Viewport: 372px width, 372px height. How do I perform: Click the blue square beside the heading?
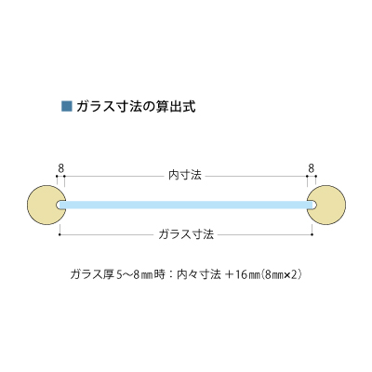coord(67,106)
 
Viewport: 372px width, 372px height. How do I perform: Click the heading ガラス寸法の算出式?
coord(136,107)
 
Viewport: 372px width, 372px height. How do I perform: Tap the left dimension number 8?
coord(61,168)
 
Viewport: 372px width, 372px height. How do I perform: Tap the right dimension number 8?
coord(312,168)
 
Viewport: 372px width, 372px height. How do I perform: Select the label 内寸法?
coord(185,176)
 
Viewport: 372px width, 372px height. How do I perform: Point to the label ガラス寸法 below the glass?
coord(186,234)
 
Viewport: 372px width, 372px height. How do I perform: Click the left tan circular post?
coord(46,205)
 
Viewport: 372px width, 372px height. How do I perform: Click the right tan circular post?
coord(326,205)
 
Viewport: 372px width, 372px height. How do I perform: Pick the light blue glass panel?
coord(186,205)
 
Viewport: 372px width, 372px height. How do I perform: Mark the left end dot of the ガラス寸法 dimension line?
coord(60,234)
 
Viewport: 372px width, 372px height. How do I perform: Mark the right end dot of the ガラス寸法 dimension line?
coord(312,234)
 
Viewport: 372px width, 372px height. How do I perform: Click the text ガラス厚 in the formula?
coord(92,274)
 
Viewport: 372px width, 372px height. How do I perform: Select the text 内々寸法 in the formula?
coord(199,274)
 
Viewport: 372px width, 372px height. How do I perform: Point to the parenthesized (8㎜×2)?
coord(281,275)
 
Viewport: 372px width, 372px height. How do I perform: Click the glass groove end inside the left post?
coord(59,205)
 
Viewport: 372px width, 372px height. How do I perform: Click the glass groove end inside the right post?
coord(313,205)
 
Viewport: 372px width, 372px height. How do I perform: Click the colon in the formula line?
coord(171,275)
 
